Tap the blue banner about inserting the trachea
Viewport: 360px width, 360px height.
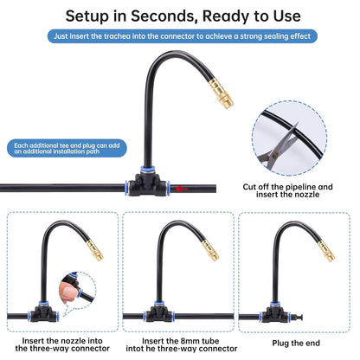(x=179, y=37)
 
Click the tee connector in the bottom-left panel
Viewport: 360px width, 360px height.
(x=61, y=316)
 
